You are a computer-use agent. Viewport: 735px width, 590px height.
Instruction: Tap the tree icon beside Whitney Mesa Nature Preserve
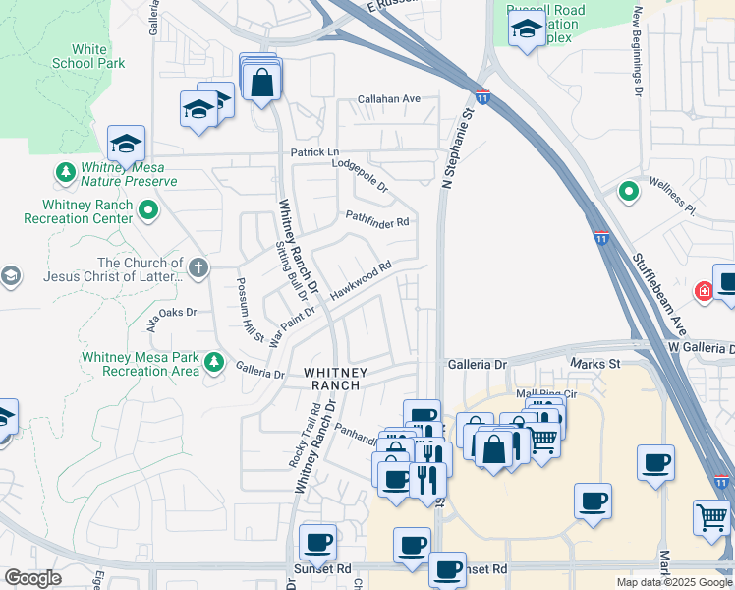click(x=66, y=174)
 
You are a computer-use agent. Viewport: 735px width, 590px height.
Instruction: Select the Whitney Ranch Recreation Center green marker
click(x=148, y=209)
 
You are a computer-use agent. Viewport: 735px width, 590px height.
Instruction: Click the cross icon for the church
click(x=198, y=267)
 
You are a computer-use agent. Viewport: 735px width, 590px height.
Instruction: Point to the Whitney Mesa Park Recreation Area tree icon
click(x=213, y=363)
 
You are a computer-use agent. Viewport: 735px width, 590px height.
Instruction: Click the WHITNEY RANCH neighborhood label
click(x=335, y=379)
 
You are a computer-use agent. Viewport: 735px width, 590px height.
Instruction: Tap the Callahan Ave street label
click(x=388, y=99)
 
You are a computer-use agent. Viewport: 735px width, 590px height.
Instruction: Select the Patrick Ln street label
click(x=313, y=152)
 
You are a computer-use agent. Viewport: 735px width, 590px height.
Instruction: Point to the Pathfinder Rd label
click(x=376, y=221)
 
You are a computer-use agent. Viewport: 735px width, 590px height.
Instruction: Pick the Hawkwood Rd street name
click(x=362, y=279)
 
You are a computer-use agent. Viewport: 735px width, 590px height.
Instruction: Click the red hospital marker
click(x=704, y=291)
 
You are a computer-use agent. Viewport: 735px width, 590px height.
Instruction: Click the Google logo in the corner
click(x=32, y=578)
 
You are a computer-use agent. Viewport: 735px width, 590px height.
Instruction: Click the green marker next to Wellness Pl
click(x=627, y=191)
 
